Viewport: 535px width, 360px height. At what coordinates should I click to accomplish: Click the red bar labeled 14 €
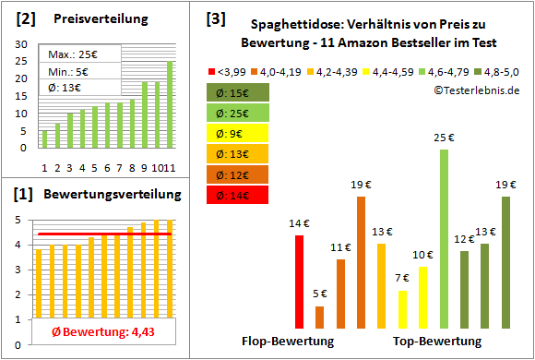click(299, 282)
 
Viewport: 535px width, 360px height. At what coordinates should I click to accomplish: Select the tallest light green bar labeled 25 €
click(444, 238)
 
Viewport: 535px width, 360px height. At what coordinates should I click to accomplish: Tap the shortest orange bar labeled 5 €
click(319, 317)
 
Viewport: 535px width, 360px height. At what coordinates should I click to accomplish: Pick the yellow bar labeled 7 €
click(402, 309)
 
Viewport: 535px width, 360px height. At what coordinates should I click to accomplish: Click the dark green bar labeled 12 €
click(464, 289)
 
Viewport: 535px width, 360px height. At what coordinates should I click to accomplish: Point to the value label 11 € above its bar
click(340, 247)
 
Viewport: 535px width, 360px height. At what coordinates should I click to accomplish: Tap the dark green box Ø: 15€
click(238, 92)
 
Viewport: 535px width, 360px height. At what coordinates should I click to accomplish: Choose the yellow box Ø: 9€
click(238, 134)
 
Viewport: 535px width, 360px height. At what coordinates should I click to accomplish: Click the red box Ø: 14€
click(238, 195)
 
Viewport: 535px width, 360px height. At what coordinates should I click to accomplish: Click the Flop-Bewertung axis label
click(288, 341)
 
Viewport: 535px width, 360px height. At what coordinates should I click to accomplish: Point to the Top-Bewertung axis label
click(437, 341)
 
